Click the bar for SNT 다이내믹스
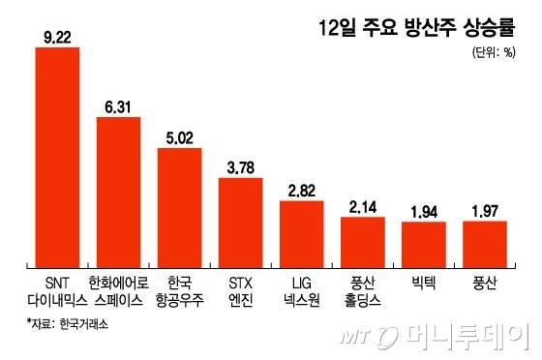point(57,155)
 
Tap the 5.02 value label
point(180,137)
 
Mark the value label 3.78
point(241,167)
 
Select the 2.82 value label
point(302,191)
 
